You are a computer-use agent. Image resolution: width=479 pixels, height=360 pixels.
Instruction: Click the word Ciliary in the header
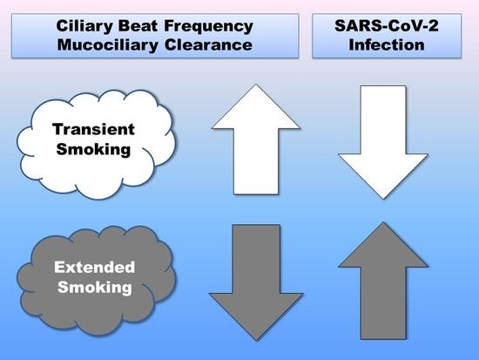tap(84, 26)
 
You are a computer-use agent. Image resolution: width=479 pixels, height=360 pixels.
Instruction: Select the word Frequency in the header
tap(209, 27)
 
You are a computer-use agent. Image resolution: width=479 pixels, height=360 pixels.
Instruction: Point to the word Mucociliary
tap(107, 45)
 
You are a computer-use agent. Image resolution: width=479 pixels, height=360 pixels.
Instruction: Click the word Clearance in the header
tap(208, 45)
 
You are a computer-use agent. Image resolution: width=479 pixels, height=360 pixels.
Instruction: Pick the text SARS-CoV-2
tap(387, 25)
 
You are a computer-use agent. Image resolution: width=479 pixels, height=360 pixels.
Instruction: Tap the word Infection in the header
tap(387, 45)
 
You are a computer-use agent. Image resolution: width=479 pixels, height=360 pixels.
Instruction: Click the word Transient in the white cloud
tap(93, 129)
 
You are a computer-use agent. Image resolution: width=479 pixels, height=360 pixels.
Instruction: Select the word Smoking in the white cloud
tap(93, 150)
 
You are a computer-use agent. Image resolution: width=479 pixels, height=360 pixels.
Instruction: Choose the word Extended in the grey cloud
tap(94, 268)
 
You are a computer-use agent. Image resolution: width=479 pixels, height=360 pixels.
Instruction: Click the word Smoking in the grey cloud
tap(95, 288)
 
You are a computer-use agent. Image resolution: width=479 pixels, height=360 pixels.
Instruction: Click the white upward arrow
tap(256, 139)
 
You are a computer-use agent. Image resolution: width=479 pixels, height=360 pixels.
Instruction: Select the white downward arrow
tap(383, 142)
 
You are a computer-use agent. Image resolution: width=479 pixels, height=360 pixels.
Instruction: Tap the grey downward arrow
tap(256, 282)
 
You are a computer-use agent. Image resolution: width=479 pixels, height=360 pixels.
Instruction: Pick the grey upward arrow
tap(383, 281)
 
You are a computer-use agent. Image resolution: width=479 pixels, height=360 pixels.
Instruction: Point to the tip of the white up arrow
tap(256, 85)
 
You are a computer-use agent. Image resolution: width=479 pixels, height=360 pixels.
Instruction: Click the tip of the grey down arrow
tap(256, 340)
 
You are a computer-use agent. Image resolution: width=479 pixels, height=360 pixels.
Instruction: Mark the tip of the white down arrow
tap(383, 199)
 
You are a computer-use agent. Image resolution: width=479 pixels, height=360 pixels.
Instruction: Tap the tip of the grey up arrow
tap(383, 222)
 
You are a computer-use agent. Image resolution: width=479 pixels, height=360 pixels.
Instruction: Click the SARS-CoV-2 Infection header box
tap(387, 36)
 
